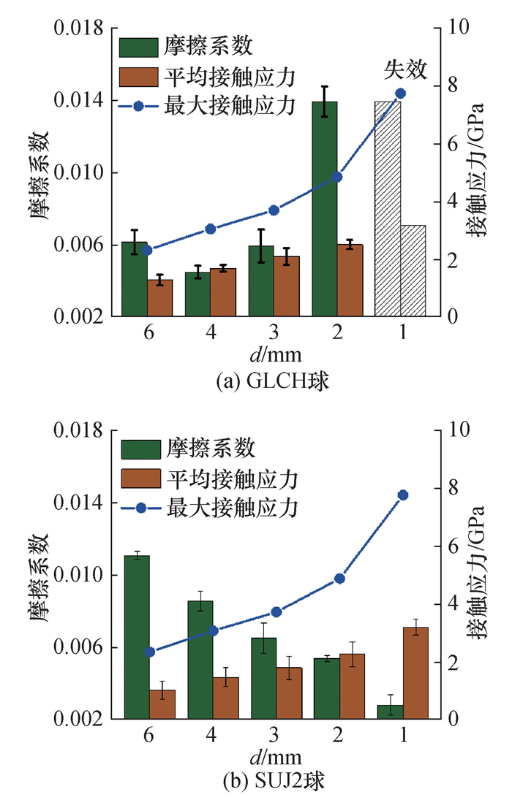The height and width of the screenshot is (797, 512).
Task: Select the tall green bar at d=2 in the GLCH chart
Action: click(x=325, y=208)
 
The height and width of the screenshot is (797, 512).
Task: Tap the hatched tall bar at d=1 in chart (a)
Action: click(x=388, y=208)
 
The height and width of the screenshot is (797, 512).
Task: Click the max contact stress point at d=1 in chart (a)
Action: click(x=400, y=93)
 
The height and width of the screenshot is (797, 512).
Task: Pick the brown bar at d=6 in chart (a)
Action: click(x=160, y=298)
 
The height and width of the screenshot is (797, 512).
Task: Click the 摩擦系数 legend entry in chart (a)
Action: click(x=210, y=47)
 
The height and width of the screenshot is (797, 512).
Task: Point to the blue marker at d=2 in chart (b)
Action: click(x=339, y=579)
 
